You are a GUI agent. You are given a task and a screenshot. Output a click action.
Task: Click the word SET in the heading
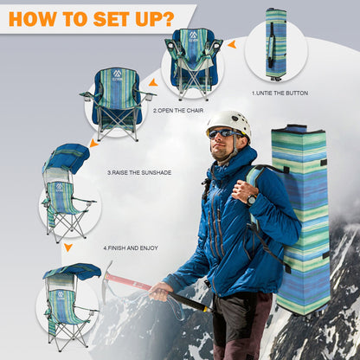click(112, 19)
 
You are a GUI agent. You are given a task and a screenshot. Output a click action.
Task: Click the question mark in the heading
click(168, 19)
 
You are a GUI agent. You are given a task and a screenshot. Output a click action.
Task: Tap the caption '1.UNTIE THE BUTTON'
click(280, 93)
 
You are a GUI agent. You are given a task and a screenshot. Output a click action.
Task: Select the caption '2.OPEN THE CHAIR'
click(178, 111)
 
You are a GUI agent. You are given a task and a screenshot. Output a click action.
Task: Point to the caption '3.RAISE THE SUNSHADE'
click(139, 173)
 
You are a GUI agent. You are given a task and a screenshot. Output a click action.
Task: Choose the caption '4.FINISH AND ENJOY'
click(131, 247)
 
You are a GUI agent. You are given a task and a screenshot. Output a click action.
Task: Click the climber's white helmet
click(228, 124)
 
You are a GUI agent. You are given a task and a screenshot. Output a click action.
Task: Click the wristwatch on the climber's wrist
click(252, 200)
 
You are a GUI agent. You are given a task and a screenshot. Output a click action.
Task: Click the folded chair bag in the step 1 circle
click(276, 44)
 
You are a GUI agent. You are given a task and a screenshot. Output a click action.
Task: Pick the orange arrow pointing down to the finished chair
click(68, 247)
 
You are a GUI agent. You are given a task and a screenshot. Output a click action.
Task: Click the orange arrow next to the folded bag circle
click(232, 44)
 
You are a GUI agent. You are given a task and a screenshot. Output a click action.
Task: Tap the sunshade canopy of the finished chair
click(72, 271)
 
